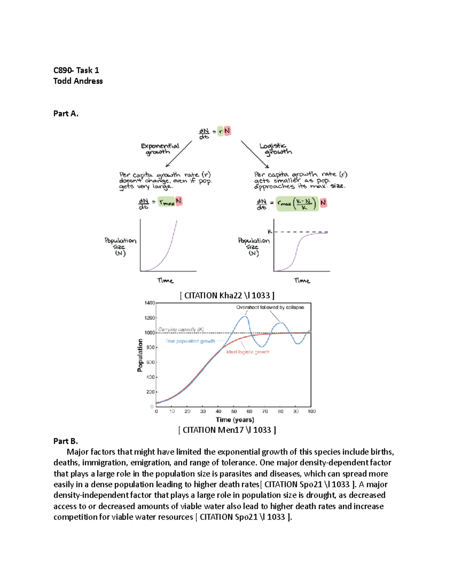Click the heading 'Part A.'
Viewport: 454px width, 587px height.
(66, 114)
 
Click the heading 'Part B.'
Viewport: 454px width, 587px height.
(65, 441)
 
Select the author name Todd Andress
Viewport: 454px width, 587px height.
(78, 81)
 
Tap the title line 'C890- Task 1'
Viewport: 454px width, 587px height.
(76, 70)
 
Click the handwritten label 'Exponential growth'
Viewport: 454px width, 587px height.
(160, 149)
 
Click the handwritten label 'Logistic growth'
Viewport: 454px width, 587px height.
(276, 149)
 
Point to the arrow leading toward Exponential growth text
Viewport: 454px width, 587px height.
(179, 154)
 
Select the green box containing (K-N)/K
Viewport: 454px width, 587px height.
(297, 204)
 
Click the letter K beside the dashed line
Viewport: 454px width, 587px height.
(270, 231)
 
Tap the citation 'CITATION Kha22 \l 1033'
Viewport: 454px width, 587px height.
(227, 296)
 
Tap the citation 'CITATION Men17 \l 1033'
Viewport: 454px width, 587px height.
(227, 430)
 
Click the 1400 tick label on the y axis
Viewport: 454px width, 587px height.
(150, 303)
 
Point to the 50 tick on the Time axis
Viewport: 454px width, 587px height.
(234, 411)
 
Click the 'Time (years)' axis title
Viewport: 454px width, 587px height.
(235, 420)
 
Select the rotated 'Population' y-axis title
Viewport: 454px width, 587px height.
(140, 355)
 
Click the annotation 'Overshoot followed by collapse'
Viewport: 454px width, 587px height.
(270, 307)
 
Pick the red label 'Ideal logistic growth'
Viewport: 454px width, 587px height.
(248, 352)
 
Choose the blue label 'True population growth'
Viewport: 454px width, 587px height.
(190, 341)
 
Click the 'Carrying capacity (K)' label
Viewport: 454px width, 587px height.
(181, 329)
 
